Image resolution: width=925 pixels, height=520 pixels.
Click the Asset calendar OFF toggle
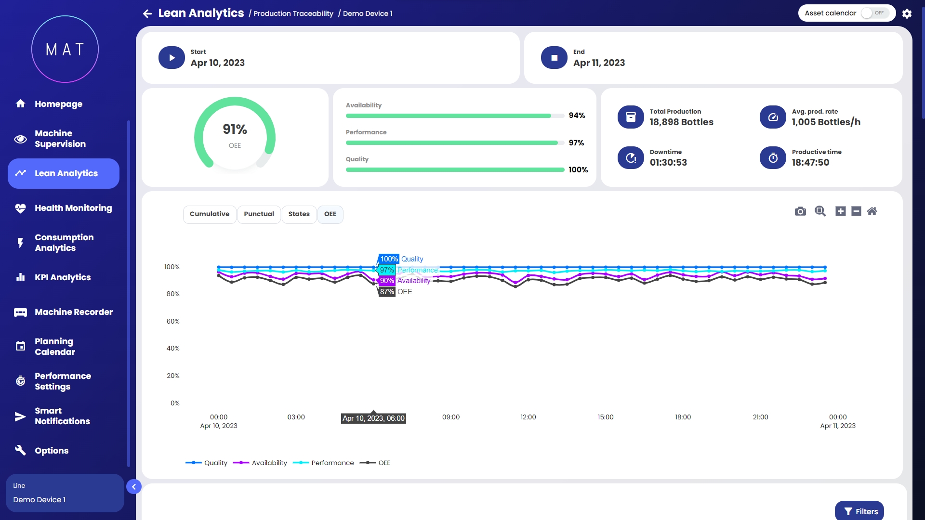click(x=874, y=13)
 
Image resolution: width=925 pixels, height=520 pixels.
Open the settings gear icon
click(x=907, y=13)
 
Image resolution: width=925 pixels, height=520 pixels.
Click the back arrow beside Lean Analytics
click(x=147, y=13)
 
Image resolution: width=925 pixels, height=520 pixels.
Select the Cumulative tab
click(x=210, y=214)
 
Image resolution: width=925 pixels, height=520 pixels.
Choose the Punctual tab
click(x=259, y=214)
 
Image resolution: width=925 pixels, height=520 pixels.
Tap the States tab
click(x=299, y=214)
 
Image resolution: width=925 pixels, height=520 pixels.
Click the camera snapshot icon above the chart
click(x=800, y=211)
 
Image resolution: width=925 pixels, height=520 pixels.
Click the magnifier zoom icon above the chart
click(x=820, y=211)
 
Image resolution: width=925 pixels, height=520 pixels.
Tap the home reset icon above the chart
click(x=872, y=211)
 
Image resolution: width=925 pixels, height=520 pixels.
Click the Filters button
click(x=860, y=511)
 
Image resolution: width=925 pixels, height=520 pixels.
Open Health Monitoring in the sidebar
click(x=73, y=208)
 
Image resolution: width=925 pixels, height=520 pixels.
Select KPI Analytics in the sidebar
click(x=63, y=277)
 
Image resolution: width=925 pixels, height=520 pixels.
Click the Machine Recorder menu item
click(x=74, y=312)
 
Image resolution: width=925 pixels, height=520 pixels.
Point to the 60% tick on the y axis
click(x=173, y=321)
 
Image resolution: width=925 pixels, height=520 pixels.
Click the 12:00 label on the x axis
click(x=528, y=417)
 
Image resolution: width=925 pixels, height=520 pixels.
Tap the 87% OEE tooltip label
click(x=387, y=292)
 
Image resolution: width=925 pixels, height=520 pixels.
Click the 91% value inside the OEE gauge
click(x=235, y=129)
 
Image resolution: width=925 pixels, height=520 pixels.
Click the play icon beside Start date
click(x=172, y=58)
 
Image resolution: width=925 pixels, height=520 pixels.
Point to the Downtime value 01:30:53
click(x=668, y=163)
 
